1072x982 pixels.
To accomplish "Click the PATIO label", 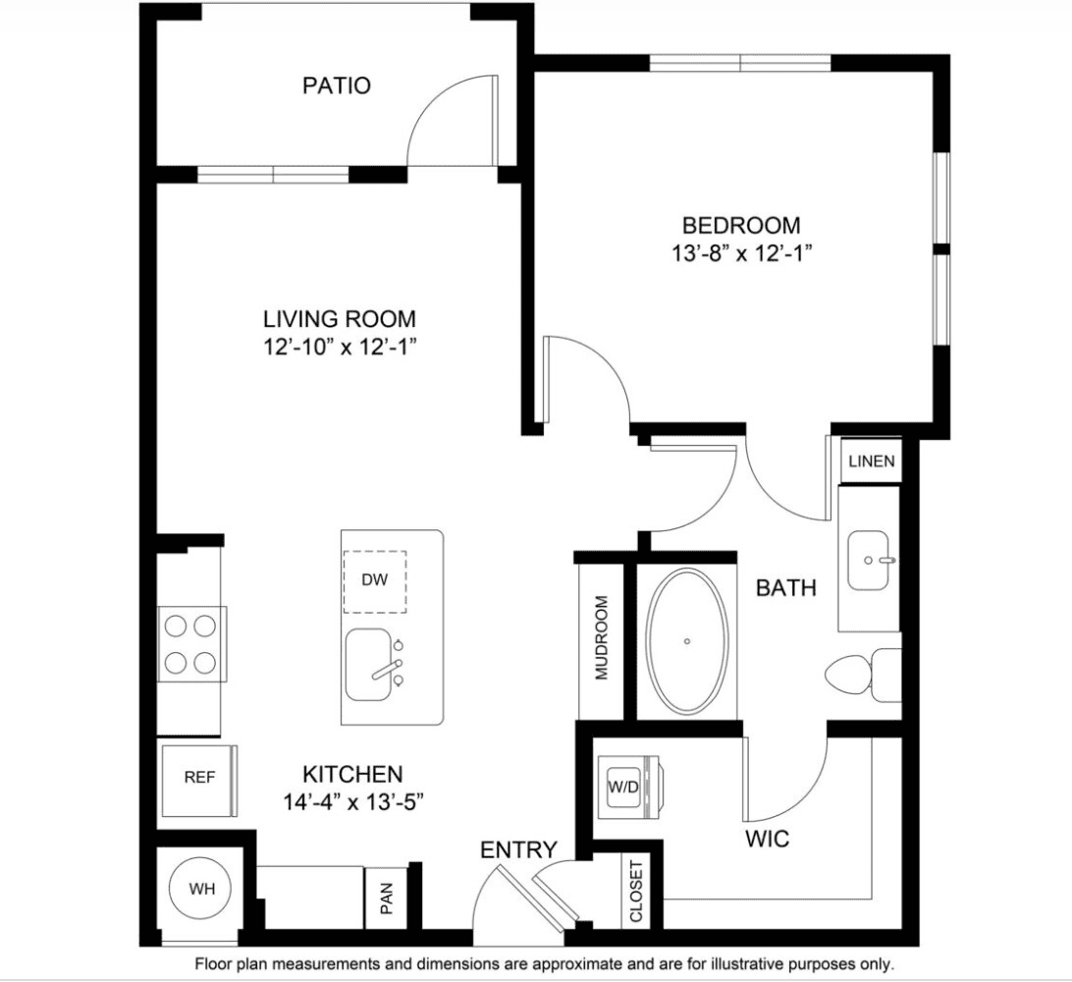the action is [x=337, y=85].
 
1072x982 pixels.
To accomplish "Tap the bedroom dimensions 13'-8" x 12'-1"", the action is [x=741, y=253].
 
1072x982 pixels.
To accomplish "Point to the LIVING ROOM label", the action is [x=340, y=319].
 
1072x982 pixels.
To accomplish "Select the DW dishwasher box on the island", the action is [x=375, y=581].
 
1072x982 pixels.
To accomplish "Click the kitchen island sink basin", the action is [x=368, y=665].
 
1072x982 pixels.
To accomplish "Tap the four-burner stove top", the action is [x=191, y=643].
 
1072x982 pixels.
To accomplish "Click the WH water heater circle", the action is [x=201, y=889].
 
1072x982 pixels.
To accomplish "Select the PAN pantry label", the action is [x=386, y=898].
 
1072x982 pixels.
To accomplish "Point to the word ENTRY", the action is [x=518, y=850].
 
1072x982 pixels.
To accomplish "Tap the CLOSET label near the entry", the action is [x=636, y=891].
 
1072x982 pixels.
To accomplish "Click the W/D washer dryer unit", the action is [x=628, y=788].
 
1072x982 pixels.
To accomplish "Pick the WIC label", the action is [x=767, y=839].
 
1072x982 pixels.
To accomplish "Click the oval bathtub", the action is [x=687, y=641].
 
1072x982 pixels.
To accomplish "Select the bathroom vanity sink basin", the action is [x=869, y=561].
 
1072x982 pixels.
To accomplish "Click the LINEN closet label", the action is [x=872, y=462].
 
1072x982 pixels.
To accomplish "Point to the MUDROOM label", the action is [x=601, y=637].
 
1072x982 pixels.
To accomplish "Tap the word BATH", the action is [x=786, y=587].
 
